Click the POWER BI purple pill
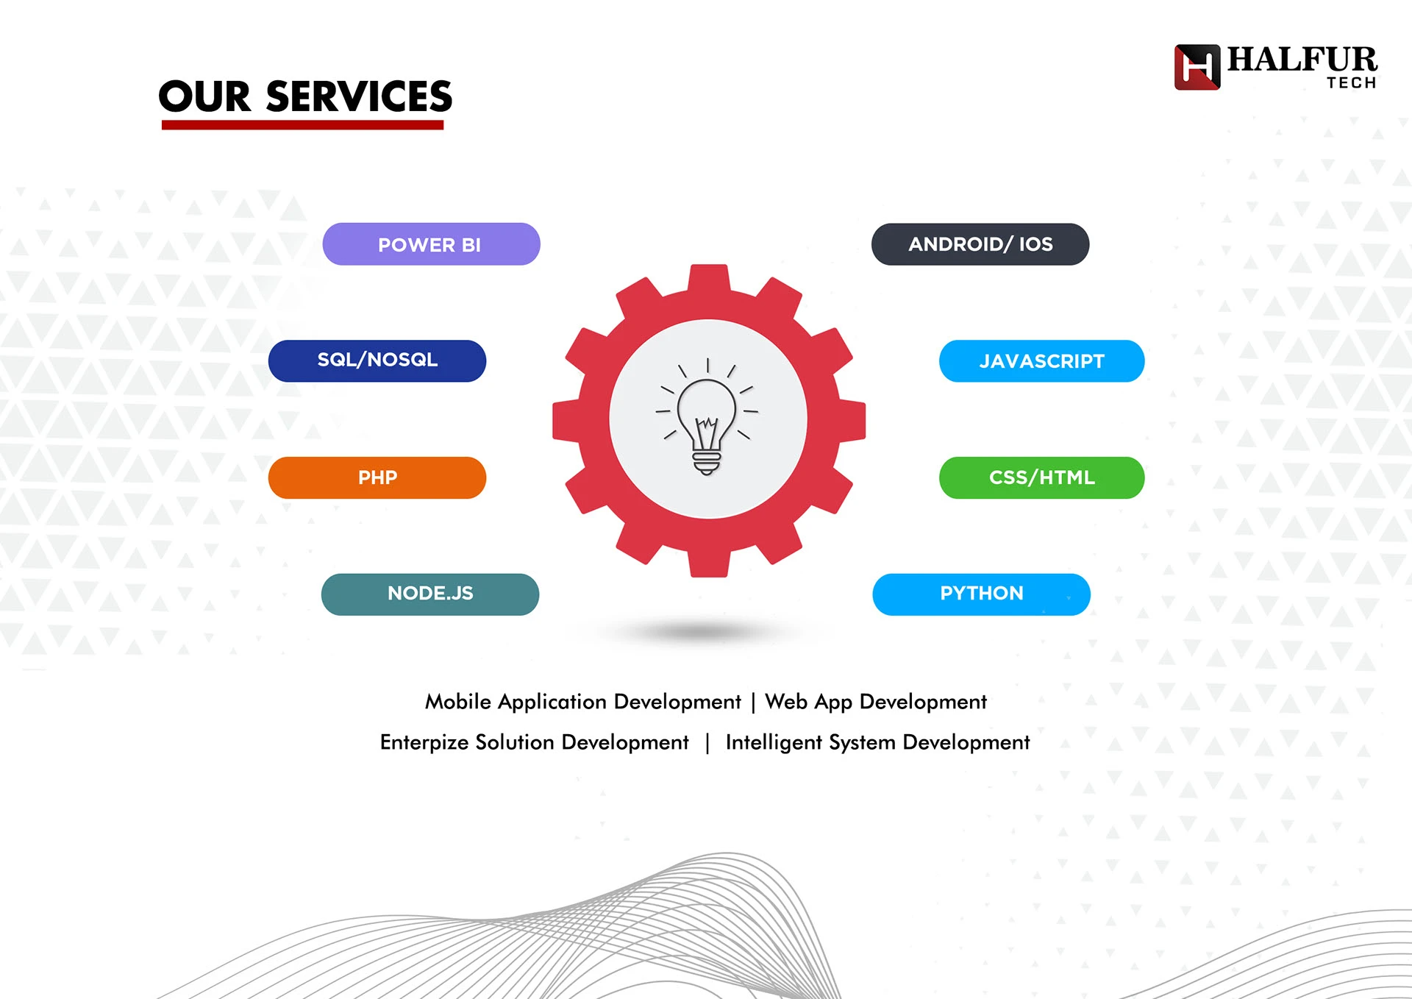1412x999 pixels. pos(431,244)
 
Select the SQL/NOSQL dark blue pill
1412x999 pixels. pos(377,360)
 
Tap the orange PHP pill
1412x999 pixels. pos(377,477)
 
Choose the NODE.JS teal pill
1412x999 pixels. pos(430,594)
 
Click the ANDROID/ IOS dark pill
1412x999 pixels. pos(980,244)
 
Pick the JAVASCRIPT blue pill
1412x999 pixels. pos(1041,361)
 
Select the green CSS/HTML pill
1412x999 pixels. pos(1041,477)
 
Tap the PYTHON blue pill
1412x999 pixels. pos(981,594)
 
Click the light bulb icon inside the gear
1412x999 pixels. pos(707,417)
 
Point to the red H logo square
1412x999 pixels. pos(1197,67)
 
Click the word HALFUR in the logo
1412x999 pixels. pos(1302,60)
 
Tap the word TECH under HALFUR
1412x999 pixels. pos(1351,82)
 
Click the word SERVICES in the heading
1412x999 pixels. pos(359,97)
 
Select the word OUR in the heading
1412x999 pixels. pos(205,97)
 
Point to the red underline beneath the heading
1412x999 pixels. pos(302,125)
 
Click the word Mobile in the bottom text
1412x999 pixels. pos(458,701)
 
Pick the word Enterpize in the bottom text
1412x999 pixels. pos(424,742)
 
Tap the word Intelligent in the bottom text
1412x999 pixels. pos(774,742)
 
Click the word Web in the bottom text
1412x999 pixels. pos(786,701)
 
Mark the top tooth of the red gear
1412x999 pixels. pos(709,280)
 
